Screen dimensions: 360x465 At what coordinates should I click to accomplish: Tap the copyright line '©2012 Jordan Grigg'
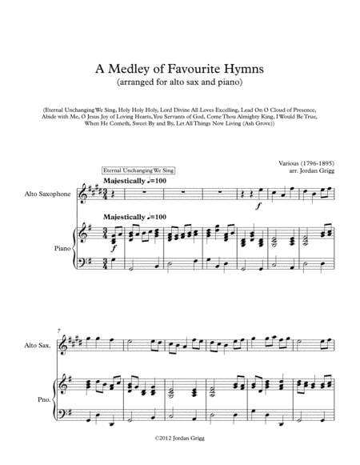tap(180, 448)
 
